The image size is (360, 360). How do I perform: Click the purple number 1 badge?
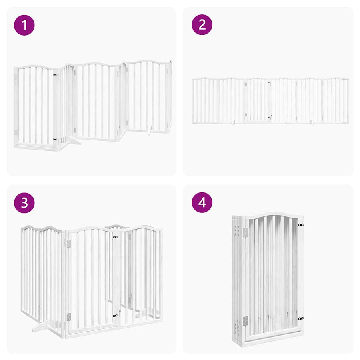[x=24, y=25]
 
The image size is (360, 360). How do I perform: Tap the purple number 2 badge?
[x=202, y=24]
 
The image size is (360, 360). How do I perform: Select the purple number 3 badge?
[x=24, y=203]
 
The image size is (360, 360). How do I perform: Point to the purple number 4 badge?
[x=202, y=202]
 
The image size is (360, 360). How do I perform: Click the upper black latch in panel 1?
[x=55, y=75]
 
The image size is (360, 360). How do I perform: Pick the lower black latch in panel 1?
[x=55, y=139]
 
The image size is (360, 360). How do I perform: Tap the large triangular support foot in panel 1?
[x=73, y=141]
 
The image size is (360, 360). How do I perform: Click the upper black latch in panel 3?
[x=115, y=237]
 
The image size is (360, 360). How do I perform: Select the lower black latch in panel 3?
[x=115, y=316]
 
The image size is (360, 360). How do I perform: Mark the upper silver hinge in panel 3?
[x=69, y=244]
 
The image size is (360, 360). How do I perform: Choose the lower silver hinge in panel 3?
[x=69, y=317]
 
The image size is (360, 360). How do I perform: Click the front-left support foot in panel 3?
[x=41, y=327]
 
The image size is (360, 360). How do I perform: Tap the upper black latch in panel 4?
[x=301, y=225]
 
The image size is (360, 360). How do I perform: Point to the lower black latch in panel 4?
[x=301, y=318]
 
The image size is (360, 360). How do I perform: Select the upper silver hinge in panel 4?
[x=246, y=232]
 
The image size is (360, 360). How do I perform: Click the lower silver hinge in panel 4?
[x=246, y=321]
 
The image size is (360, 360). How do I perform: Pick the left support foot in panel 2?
[x=233, y=122]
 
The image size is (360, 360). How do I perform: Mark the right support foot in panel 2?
[x=312, y=122]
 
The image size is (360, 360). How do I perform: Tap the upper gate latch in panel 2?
[x=269, y=82]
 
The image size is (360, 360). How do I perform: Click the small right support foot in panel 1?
[x=150, y=130]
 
